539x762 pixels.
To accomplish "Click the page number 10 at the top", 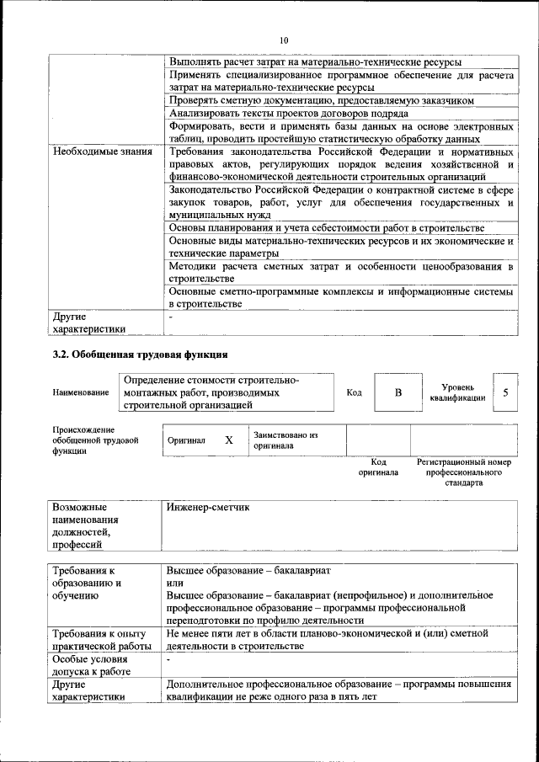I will click(x=283, y=40).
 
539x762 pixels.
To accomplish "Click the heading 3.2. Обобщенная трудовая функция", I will click(x=140, y=354).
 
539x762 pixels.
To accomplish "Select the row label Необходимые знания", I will click(x=102, y=152).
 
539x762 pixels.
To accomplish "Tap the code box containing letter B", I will click(x=398, y=392).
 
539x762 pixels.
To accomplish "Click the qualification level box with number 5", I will click(x=505, y=392).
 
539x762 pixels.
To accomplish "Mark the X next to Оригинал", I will click(x=228, y=440).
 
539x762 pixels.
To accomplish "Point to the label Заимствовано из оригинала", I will click(x=286, y=440).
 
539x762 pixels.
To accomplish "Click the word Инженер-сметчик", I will click(x=208, y=509).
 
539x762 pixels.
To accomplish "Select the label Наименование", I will click(x=81, y=393).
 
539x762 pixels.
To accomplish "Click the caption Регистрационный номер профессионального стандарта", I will click(x=464, y=473).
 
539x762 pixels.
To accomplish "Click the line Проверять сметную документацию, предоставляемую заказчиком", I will click(x=320, y=99).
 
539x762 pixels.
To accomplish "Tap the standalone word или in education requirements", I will click(x=175, y=583).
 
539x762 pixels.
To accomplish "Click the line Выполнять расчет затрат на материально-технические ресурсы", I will click(x=315, y=62).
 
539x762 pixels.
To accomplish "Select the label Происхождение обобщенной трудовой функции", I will click(x=94, y=440).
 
